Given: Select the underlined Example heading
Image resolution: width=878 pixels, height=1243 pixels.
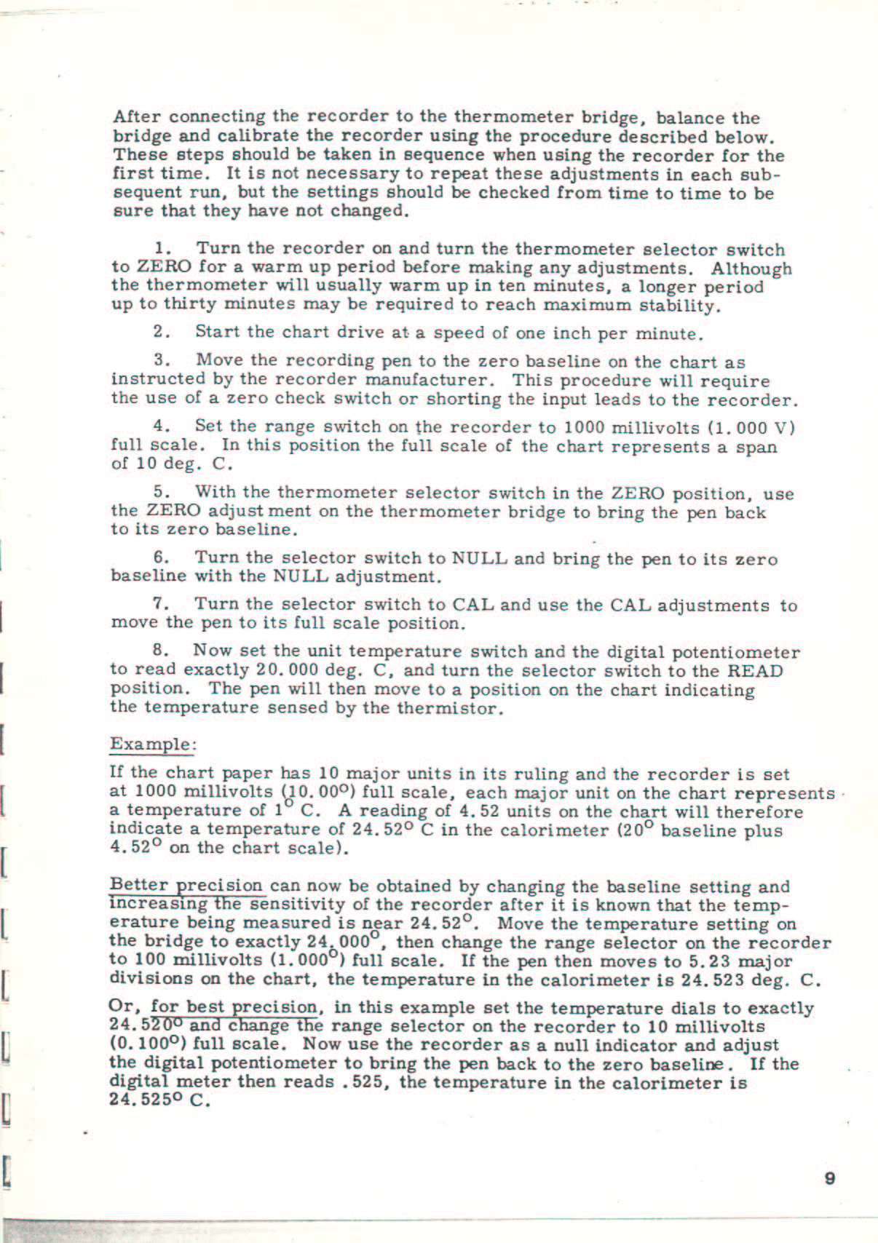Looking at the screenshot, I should (x=152, y=744).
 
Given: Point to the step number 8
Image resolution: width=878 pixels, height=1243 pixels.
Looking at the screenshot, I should (x=159, y=651).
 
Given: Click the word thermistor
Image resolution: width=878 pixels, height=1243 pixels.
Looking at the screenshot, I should (x=449, y=707).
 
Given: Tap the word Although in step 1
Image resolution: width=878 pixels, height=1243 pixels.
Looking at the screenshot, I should (x=751, y=269).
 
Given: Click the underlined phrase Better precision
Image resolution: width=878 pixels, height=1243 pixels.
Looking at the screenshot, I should (x=186, y=886).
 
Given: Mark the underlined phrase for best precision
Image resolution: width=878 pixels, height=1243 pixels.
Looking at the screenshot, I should (x=234, y=1008).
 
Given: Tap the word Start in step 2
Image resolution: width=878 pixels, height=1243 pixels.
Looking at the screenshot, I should (x=218, y=332).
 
